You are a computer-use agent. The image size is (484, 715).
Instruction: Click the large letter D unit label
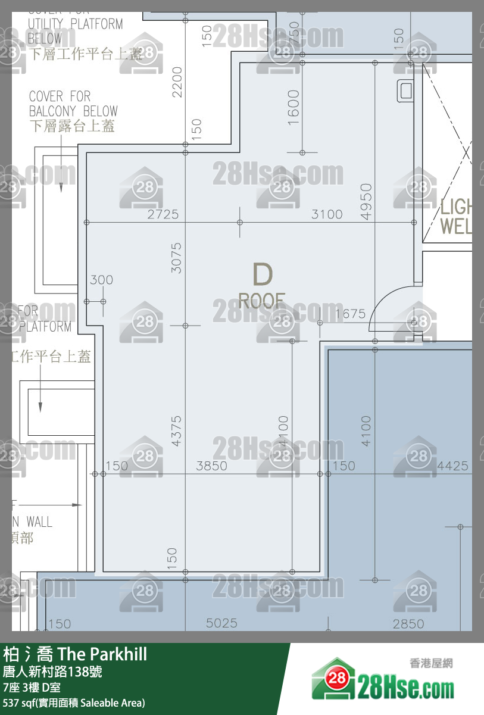(x=263, y=274)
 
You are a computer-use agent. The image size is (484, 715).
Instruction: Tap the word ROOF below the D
(x=262, y=301)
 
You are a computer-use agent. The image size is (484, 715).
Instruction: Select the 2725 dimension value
(x=163, y=214)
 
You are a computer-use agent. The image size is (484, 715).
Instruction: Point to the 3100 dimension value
(x=327, y=214)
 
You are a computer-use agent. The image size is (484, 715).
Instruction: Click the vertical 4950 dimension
(x=366, y=202)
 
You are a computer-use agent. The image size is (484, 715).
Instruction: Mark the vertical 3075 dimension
(x=176, y=257)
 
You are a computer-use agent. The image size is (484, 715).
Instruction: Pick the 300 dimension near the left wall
(x=101, y=280)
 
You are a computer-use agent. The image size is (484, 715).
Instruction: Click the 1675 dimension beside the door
(x=350, y=314)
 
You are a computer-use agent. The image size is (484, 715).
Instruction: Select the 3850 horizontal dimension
(x=211, y=466)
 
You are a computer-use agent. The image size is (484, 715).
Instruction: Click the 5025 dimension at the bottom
(x=221, y=623)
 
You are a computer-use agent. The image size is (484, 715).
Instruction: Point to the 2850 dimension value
(x=408, y=623)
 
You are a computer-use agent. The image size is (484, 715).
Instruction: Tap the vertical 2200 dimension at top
(x=177, y=82)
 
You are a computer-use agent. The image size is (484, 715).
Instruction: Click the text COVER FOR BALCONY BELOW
(x=73, y=111)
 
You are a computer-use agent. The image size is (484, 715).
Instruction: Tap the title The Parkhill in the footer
(x=102, y=655)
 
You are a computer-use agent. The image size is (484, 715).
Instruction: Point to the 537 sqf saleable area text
(x=74, y=702)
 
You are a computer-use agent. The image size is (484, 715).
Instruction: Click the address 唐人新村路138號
(x=52, y=672)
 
